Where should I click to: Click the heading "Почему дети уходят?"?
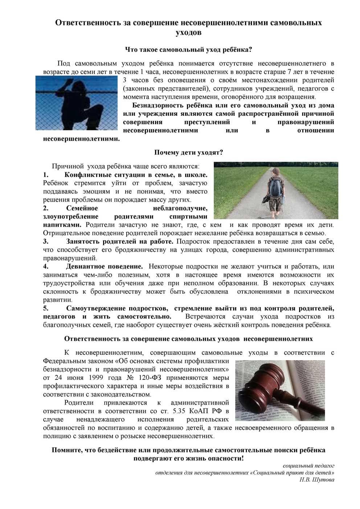tap(189, 152)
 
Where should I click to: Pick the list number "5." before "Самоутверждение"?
tap(46, 308)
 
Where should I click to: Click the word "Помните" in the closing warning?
tap(67, 450)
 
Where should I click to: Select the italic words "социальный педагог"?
tap(308, 465)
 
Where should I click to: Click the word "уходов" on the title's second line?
tap(188, 33)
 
